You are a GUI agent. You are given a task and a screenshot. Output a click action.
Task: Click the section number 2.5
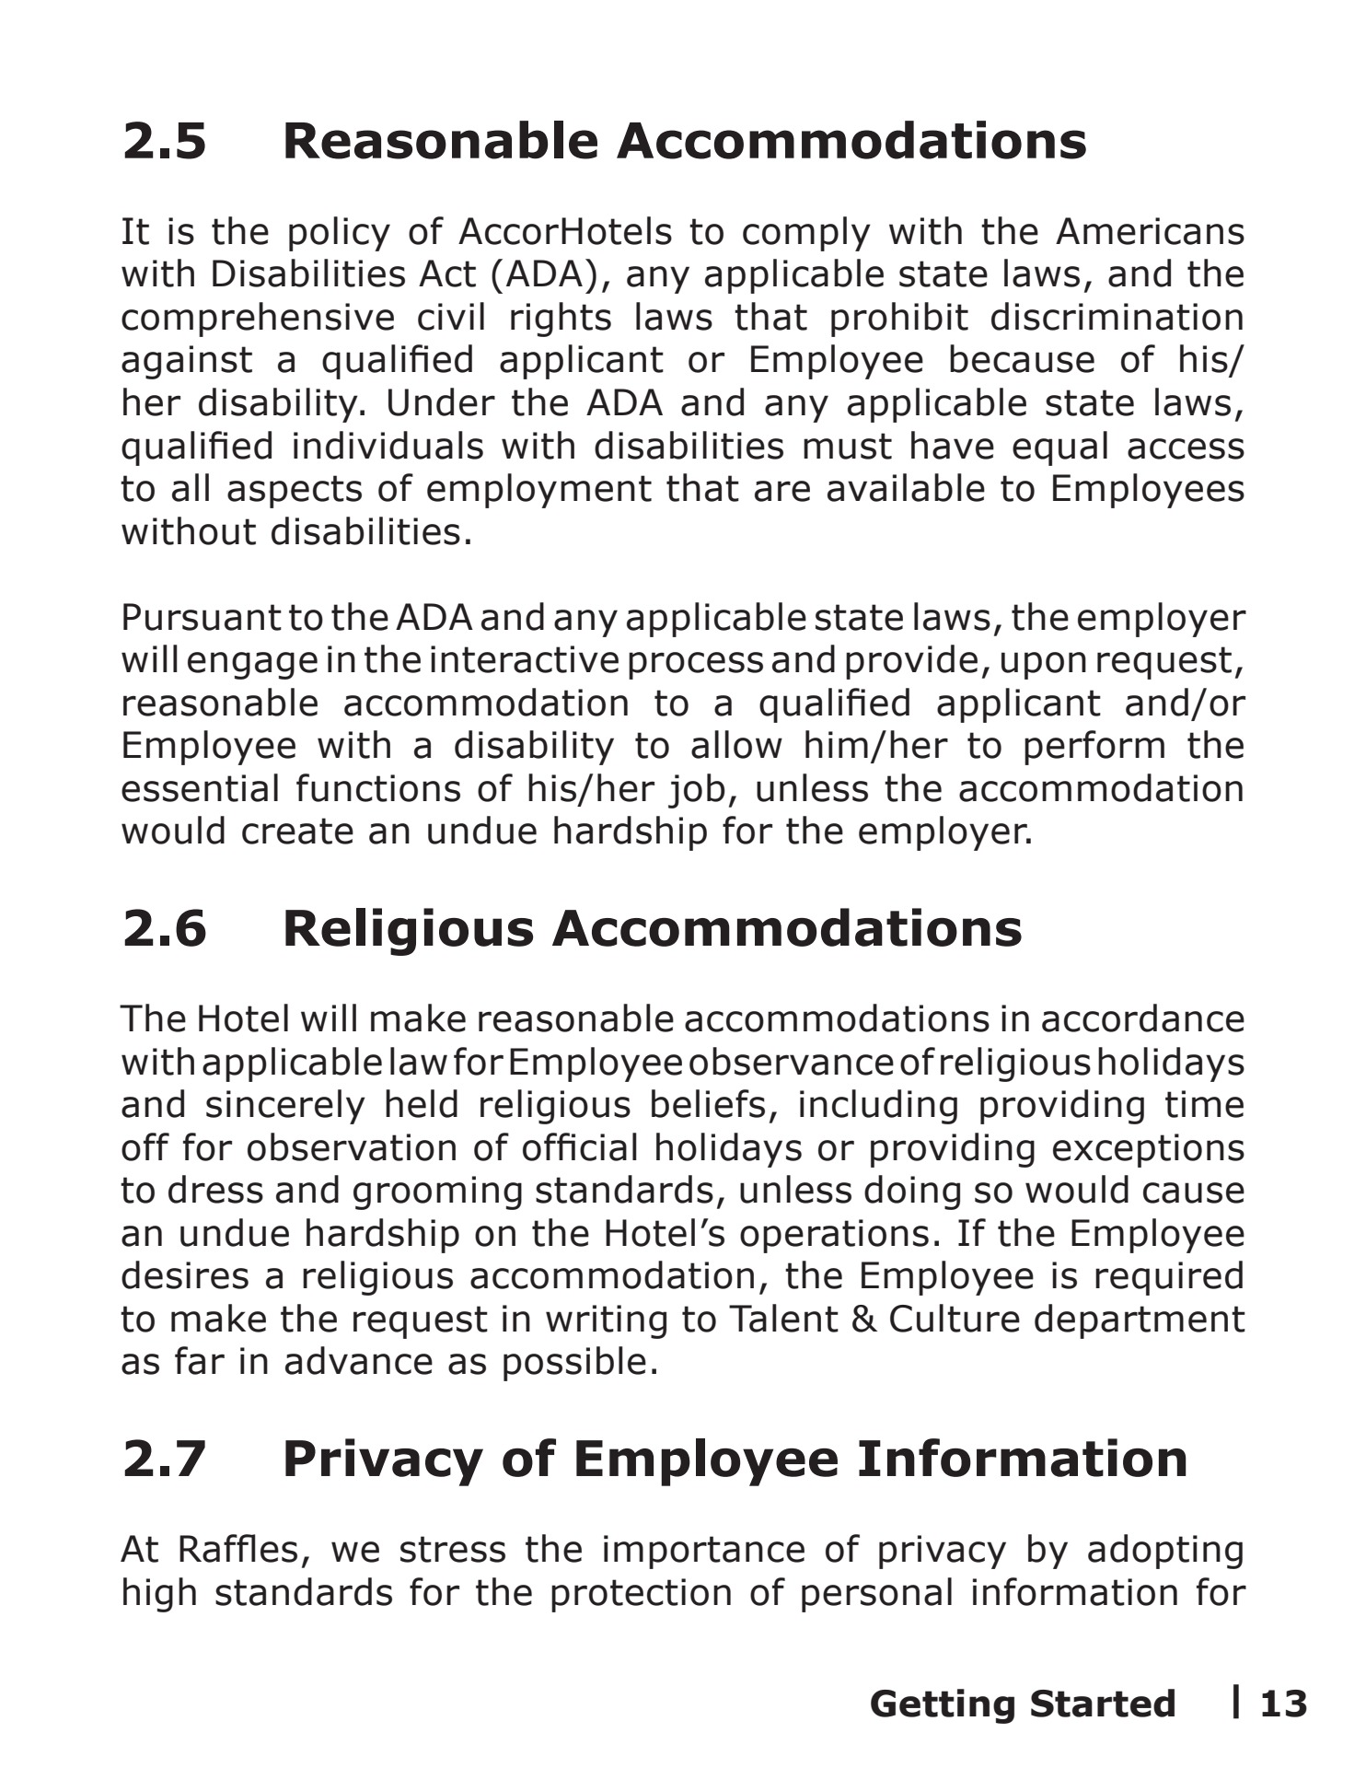pyautogui.click(x=165, y=142)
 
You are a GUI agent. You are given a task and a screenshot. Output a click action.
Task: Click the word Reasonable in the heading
pyautogui.click(x=440, y=142)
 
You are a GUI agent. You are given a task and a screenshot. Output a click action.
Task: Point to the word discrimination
pyautogui.click(x=1117, y=318)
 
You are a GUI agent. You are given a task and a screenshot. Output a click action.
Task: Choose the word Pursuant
pyautogui.click(x=200, y=618)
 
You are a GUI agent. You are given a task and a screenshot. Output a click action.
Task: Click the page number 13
pyautogui.click(x=1283, y=1704)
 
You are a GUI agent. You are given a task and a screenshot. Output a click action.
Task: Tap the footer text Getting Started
pyautogui.click(x=1022, y=1704)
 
